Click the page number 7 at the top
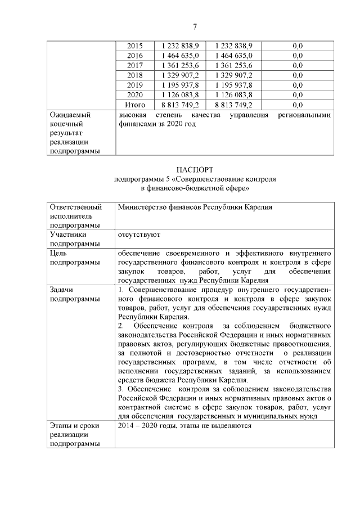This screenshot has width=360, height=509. click(x=194, y=26)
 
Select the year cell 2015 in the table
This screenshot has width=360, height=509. click(x=135, y=46)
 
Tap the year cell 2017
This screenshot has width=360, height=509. click(x=135, y=65)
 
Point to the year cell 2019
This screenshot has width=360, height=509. click(x=135, y=85)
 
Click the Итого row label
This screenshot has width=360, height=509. click(x=135, y=105)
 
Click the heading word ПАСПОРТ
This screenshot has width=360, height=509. click(x=194, y=170)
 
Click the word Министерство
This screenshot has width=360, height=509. click(x=143, y=207)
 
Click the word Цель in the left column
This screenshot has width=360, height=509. click(x=59, y=253)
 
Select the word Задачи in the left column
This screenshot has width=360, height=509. click(x=62, y=290)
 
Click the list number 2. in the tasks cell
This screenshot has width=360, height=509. click(x=121, y=326)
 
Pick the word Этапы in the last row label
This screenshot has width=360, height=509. click(x=61, y=426)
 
